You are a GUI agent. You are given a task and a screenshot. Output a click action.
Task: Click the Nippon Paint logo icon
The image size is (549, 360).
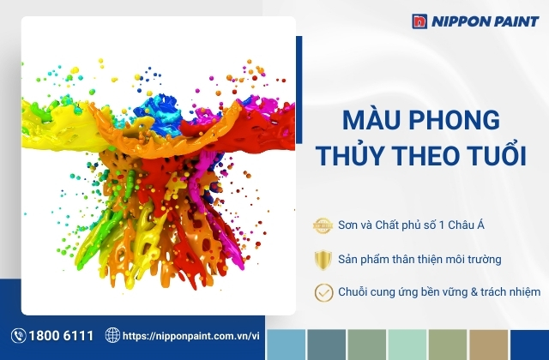(x=419, y=21)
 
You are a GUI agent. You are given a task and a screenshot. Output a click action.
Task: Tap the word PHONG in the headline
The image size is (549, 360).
(x=454, y=120)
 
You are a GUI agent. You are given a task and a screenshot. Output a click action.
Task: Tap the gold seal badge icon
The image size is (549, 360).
(x=323, y=225)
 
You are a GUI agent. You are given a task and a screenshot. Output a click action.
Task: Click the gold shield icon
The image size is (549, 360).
(x=323, y=260)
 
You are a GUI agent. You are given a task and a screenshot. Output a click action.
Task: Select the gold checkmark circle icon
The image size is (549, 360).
(x=324, y=292)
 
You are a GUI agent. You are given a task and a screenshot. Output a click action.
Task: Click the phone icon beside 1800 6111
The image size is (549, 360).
(x=19, y=335)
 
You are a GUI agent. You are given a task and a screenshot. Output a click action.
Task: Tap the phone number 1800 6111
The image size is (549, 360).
(x=61, y=336)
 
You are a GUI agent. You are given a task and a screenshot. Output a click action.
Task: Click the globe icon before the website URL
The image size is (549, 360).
(x=112, y=335)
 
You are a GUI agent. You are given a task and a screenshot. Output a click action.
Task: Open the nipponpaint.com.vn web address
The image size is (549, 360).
(x=191, y=336)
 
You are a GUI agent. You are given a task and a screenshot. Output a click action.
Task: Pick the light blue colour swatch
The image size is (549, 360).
(x=286, y=345)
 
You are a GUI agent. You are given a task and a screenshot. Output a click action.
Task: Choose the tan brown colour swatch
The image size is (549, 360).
(x=488, y=345)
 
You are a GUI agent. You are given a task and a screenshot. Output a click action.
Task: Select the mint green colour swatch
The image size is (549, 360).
(x=407, y=345)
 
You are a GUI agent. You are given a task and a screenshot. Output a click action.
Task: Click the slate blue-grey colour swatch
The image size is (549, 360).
(x=327, y=345)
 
